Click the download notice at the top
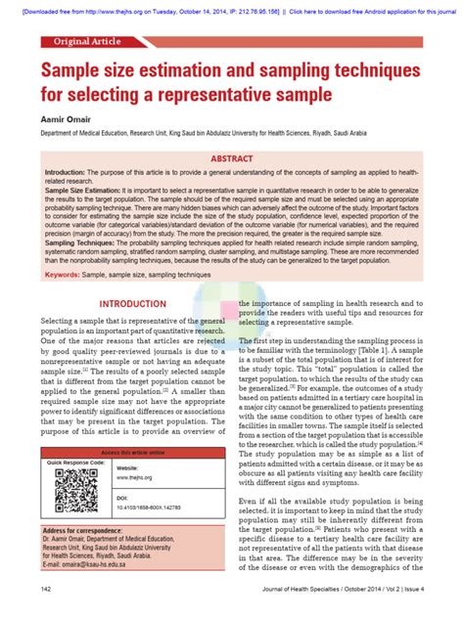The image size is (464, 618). (x=232, y=7)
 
